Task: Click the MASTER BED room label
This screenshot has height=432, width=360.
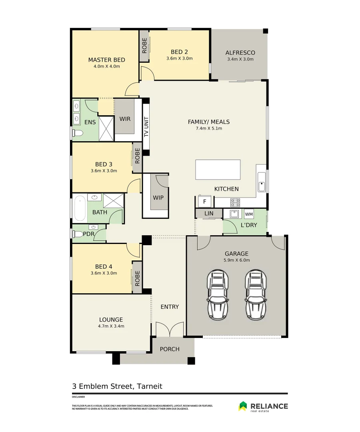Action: click(106, 60)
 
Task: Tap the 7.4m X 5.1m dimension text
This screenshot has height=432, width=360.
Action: click(208, 128)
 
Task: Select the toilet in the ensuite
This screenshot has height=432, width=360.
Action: click(78, 133)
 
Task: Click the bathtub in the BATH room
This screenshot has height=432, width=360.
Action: click(80, 208)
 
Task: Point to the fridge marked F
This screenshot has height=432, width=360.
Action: click(204, 201)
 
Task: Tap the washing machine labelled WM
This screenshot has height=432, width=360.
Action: click(249, 214)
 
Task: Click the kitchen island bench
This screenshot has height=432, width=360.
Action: click(218, 170)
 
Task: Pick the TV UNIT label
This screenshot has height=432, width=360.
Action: click(146, 127)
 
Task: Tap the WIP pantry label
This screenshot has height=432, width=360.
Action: click(158, 198)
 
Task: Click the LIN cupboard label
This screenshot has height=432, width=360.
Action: click(209, 214)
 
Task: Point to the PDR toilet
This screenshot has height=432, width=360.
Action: click(78, 234)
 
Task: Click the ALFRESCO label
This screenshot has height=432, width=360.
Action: click(240, 53)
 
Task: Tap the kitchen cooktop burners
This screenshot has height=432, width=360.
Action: click(235, 202)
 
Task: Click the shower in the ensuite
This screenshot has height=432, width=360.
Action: click(106, 128)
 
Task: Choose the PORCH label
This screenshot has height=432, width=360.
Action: click(170, 349)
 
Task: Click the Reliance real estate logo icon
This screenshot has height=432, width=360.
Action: click(242, 406)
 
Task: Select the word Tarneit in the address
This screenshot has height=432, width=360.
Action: click(149, 386)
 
